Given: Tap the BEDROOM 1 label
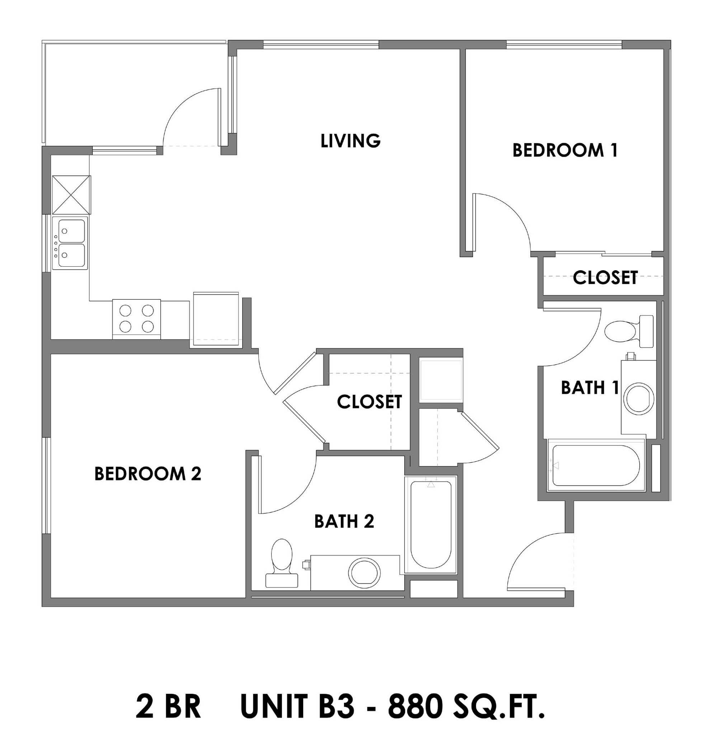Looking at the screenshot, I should [x=565, y=150].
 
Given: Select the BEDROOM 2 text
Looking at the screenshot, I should [x=148, y=474].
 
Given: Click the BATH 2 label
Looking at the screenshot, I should [x=344, y=521].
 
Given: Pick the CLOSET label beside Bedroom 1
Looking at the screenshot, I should [x=605, y=278].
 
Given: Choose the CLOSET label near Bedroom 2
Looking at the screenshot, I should [x=369, y=402].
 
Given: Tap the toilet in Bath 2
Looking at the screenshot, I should [x=282, y=563].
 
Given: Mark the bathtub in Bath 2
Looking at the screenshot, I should [x=431, y=525].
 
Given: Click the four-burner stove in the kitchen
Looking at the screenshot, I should [x=136, y=319].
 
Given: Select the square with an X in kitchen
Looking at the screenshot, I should [x=71, y=195].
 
